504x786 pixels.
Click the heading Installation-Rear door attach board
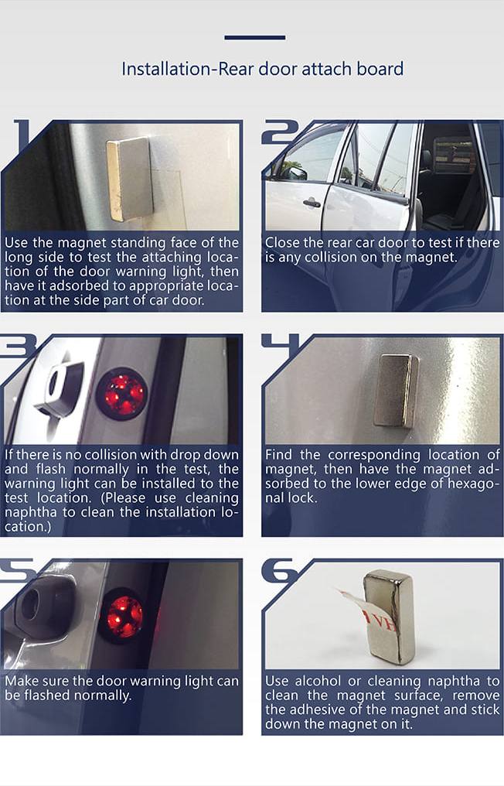click(x=262, y=69)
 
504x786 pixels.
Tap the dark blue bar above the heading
click(x=255, y=37)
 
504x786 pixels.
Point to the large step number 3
click(x=19, y=345)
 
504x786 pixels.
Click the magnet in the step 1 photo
click(x=129, y=179)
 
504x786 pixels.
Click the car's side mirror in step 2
click(x=295, y=173)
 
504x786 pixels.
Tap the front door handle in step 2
click(x=311, y=203)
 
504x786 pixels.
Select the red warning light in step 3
click(x=121, y=392)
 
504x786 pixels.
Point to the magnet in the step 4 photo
click(x=397, y=391)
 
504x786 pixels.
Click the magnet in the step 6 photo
click(x=390, y=617)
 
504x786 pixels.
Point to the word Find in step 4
click(x=278, y=455)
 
